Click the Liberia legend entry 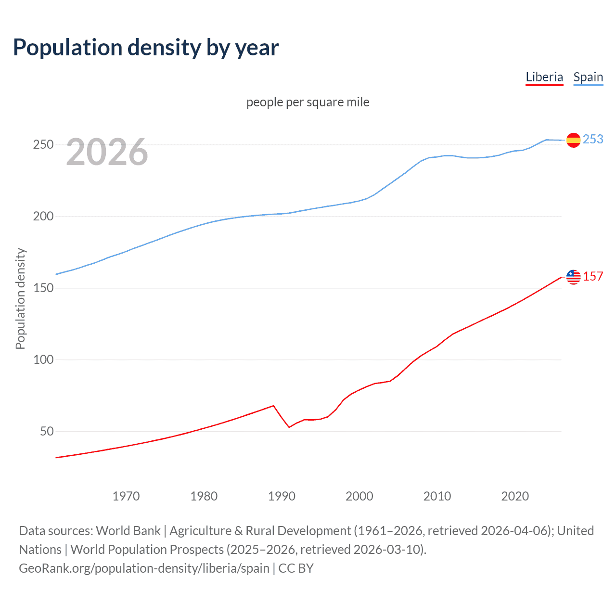544,77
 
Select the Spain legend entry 588,77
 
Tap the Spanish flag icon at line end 573,140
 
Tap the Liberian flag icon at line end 573,277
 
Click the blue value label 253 593,139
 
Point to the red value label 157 593,276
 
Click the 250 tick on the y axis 43,144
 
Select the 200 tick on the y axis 43,216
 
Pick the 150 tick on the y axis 43,288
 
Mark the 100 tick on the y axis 43,359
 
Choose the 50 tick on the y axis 47,431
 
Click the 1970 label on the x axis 126,496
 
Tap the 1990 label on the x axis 282,496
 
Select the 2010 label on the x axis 437,496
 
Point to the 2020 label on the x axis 515,496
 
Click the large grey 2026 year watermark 107,152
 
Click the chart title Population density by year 146,47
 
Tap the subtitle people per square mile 308,102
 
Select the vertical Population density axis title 20,298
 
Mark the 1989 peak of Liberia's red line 273,406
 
